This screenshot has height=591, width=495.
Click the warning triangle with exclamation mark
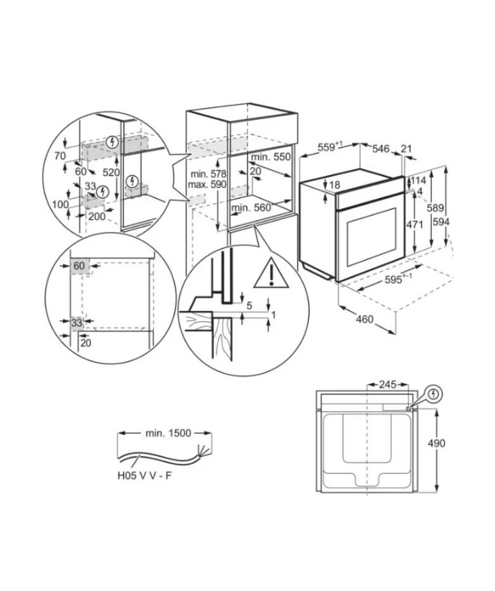(x=271, y=274)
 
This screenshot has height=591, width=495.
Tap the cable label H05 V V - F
(x=144, y=476)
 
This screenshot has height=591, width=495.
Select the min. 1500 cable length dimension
(x=169, y=434)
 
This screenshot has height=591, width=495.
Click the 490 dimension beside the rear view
(x=436, y=443)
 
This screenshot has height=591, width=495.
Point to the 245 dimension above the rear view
(x=388, y=384)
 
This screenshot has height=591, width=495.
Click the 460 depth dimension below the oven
(x=364, y=319)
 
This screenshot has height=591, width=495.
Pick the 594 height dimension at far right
(x=441, y=222)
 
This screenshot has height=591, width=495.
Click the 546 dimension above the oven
(x=381, y=149)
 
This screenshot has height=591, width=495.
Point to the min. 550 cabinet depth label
(x=271, y=157)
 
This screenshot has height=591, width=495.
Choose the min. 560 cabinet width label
(x=251, y=207)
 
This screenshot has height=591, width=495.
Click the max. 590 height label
(x=206, y=185)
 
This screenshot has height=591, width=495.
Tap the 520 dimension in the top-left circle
(x=111, y=173)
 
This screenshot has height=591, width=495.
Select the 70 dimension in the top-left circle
(x=60, y=155)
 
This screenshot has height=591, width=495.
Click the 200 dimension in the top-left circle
(x=97, y=217)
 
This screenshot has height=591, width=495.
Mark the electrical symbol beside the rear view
(x=434, y=394)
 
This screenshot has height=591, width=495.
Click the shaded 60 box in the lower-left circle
(x=80, y=265)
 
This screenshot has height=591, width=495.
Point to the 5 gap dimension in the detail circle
(x=249, y=306)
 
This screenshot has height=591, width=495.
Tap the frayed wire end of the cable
(x=201, y=451)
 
